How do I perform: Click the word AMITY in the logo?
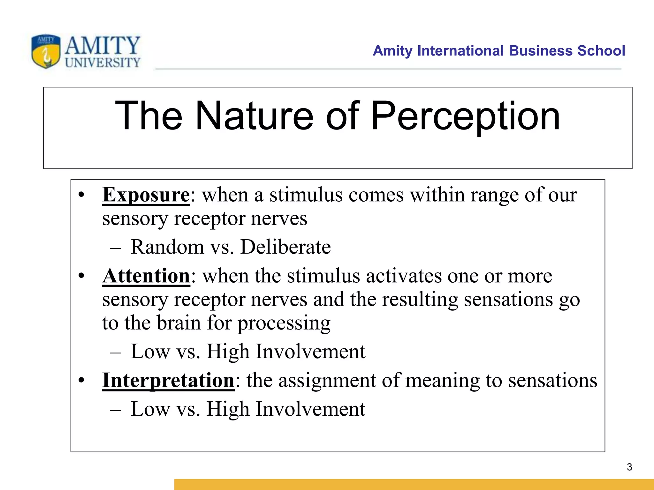103,45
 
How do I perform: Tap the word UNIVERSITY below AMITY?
103,63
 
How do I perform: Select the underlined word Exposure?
146,195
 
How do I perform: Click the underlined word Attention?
146,276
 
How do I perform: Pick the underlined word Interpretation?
168,380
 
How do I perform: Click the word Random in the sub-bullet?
167,247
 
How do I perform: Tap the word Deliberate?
285,247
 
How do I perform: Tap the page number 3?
629,467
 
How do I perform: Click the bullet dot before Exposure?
82,195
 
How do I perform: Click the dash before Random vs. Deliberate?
115,248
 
